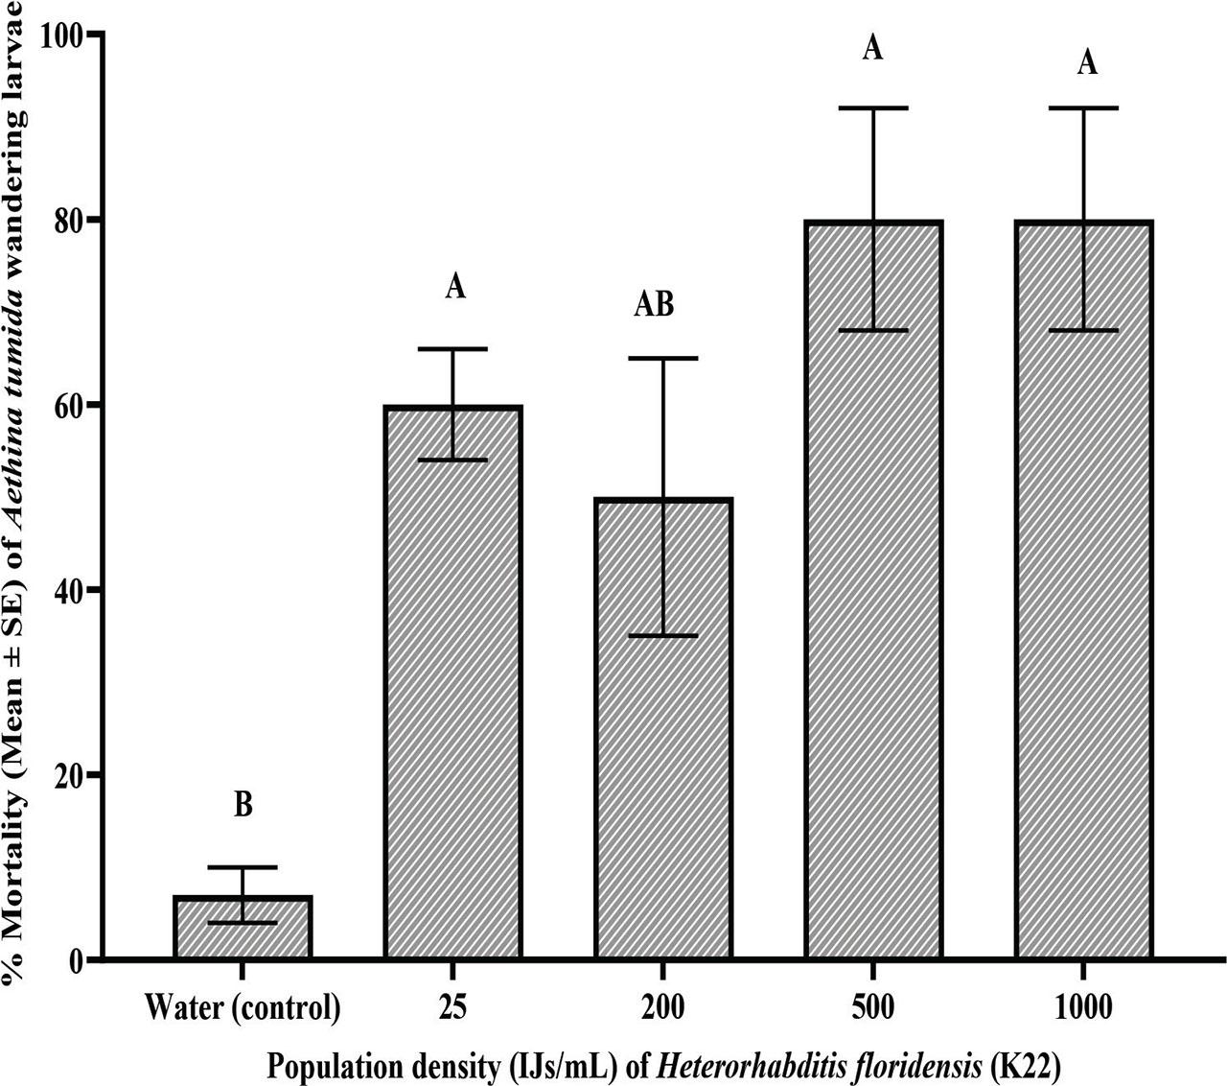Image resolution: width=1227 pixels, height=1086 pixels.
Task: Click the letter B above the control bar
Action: click(x=243, y=805)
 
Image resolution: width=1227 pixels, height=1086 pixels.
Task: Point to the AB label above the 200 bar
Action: click(x=655, y=305)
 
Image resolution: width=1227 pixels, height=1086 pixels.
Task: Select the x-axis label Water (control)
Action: click(x=243, y=1007)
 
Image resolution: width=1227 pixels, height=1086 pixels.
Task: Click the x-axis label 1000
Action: click(x=1085, y=1007)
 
